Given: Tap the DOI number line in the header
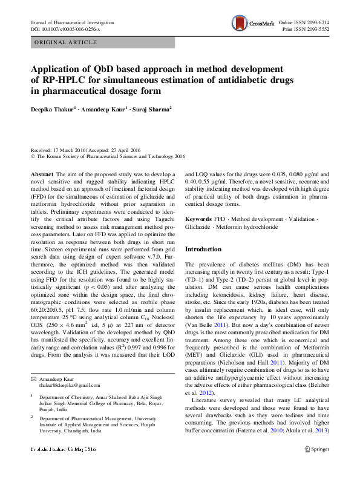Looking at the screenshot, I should coord(65,28).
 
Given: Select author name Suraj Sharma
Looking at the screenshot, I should coord(152,110).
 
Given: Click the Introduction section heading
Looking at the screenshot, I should coord(203,249).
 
